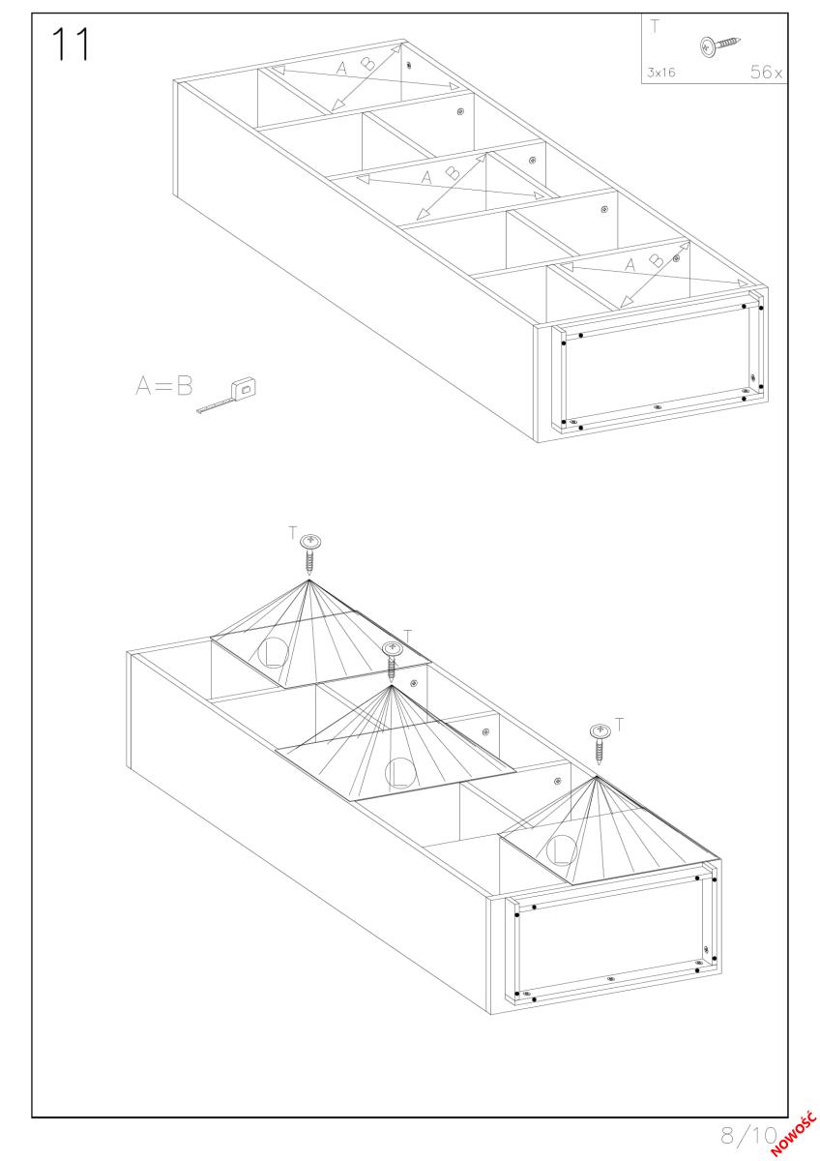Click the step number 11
tap(71, 45)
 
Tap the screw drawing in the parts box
tap(720, 45)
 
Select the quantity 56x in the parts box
tap(766, 72)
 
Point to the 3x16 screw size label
tap(661, 73)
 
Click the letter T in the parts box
tap(655, 26)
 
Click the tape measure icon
tap(228, 396)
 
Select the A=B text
tap(163, 386)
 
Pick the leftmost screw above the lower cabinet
tap(310, 553)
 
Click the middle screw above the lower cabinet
tap(392, 662)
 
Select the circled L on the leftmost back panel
tap(273, 652)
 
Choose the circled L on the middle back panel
tap(400, 773)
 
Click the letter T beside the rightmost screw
tap(619, 725)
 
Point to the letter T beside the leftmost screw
tap(293, 532)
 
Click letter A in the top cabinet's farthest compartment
tap(341, 68)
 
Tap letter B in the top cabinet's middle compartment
tap(453, 172)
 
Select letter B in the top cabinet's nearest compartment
tap(656, 260)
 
